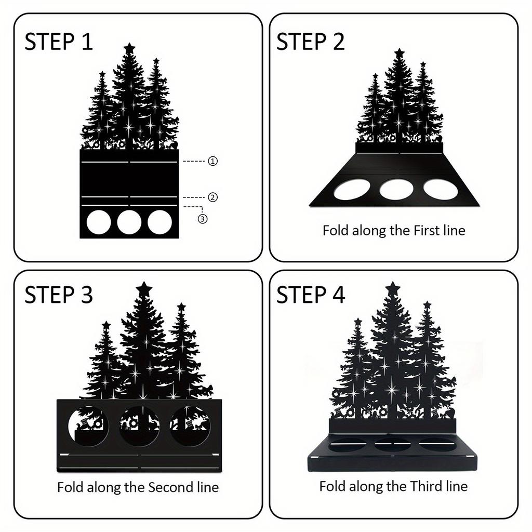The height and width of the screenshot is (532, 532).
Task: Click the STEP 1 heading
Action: [59, 42]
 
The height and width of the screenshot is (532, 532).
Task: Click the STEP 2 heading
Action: [310, 42]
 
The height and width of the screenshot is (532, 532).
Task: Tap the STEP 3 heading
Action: [59, 295]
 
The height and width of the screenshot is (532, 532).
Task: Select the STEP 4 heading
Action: [310, 295]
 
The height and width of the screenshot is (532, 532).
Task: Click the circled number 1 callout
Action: [212, 162]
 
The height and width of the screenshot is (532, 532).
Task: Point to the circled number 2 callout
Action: [212, 197]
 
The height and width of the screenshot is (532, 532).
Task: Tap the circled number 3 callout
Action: [203, 219]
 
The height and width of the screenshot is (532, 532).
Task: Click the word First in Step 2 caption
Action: [426, 230]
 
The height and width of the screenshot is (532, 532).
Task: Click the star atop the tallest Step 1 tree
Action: [129, 48]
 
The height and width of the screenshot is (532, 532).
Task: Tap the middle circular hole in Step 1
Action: [129, 222]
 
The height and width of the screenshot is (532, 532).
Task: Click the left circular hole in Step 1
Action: [99, 222]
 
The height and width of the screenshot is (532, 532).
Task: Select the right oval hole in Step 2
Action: [441, 189]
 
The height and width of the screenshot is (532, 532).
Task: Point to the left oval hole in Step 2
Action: [352, 190]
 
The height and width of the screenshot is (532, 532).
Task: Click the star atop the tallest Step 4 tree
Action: [393, 288]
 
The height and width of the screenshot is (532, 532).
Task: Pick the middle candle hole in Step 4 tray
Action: [393, 445]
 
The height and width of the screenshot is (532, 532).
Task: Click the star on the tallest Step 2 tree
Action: [399, 53]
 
